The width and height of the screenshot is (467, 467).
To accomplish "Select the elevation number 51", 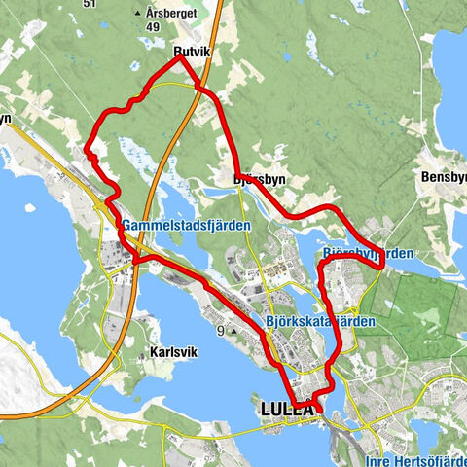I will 90,4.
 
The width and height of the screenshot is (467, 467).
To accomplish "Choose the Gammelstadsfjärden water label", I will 186,226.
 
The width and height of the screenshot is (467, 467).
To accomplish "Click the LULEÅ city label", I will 290,410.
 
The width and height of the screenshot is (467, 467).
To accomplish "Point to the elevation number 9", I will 221,331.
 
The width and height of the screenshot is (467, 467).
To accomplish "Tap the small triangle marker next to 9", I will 233,332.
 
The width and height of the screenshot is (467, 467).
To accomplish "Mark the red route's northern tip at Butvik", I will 179,57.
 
